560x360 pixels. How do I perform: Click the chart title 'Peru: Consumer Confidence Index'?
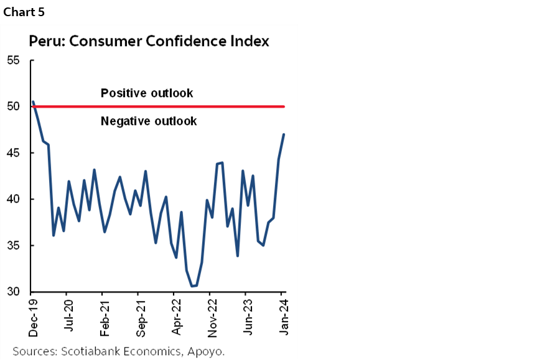(x=149, y=42)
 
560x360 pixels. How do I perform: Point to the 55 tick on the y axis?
(x=14, y=60)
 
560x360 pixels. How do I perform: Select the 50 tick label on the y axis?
(x=14, y=106)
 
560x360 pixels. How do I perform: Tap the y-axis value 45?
(x=14, y=153)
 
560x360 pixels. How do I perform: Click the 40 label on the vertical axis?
(x=14, y=199)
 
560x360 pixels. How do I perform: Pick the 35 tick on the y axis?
(x=14, y=246)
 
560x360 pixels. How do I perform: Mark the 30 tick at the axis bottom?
(x=14, y=292)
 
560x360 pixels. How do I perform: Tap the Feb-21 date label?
(x=103, y=314)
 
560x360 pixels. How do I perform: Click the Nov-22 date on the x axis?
(x=211, y=314)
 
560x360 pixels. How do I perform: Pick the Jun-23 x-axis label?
(x=247, y=314)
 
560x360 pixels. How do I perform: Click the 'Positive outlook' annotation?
(x=147, y=93)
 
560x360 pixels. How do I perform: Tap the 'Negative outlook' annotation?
(x=149, y=121)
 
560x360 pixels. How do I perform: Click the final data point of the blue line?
(x=284, y=134)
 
